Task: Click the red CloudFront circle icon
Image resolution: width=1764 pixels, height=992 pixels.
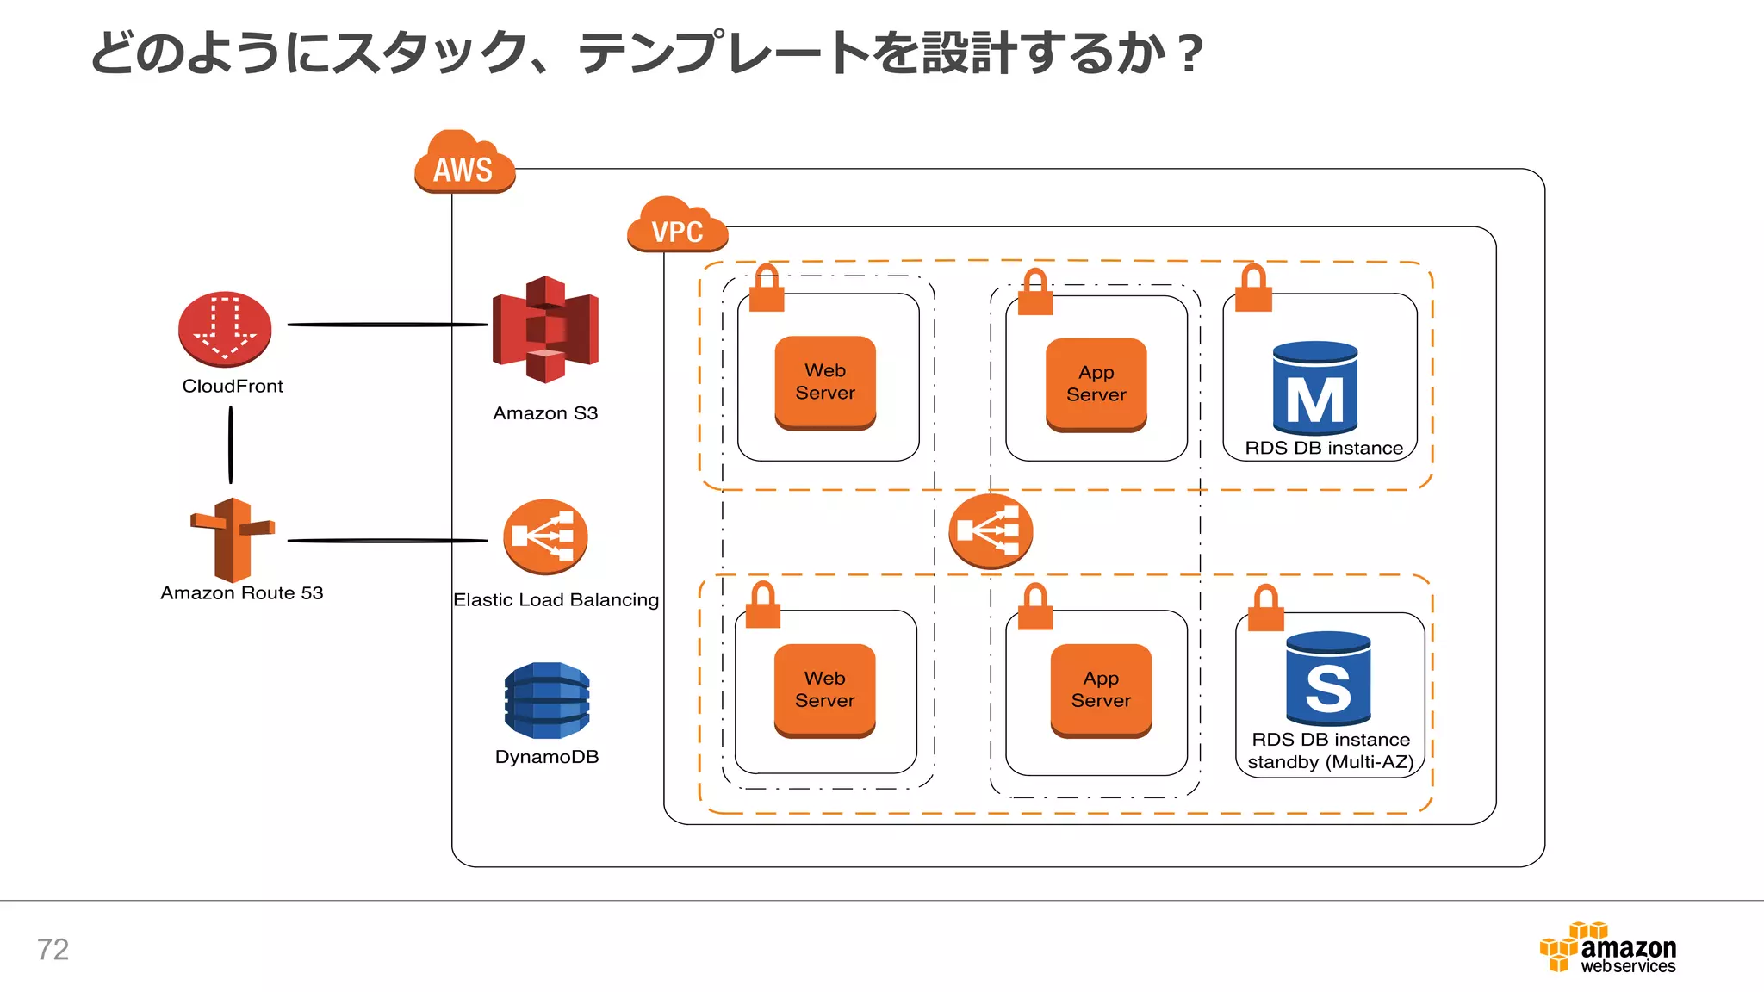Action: point(225,330)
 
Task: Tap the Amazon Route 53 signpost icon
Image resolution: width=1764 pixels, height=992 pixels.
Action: point(232,540)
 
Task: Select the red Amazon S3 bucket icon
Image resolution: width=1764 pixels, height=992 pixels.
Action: point(545,330)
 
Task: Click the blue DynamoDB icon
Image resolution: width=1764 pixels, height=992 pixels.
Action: point(547,700)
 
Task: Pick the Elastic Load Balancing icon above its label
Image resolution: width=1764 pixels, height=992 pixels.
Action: point(545,536)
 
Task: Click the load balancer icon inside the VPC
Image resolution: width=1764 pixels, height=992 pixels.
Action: point(991,530)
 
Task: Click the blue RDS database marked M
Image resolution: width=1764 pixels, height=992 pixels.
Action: point(1314,388)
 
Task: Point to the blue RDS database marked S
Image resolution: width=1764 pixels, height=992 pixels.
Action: point(1328,679)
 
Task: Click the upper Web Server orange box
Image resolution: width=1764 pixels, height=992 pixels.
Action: point(825,382)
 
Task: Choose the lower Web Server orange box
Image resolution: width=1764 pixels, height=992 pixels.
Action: point(824,690)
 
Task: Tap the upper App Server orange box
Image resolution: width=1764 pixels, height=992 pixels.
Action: point(1096,384)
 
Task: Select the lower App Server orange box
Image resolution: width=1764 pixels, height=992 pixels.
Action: point(1101,690)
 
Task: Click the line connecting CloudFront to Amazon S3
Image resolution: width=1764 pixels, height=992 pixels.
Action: point(387,325)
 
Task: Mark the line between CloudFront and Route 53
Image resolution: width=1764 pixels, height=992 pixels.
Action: point(230,444)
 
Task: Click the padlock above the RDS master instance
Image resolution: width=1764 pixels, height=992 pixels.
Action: point(1253,288)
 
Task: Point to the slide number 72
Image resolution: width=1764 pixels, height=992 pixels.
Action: point(53,949)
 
